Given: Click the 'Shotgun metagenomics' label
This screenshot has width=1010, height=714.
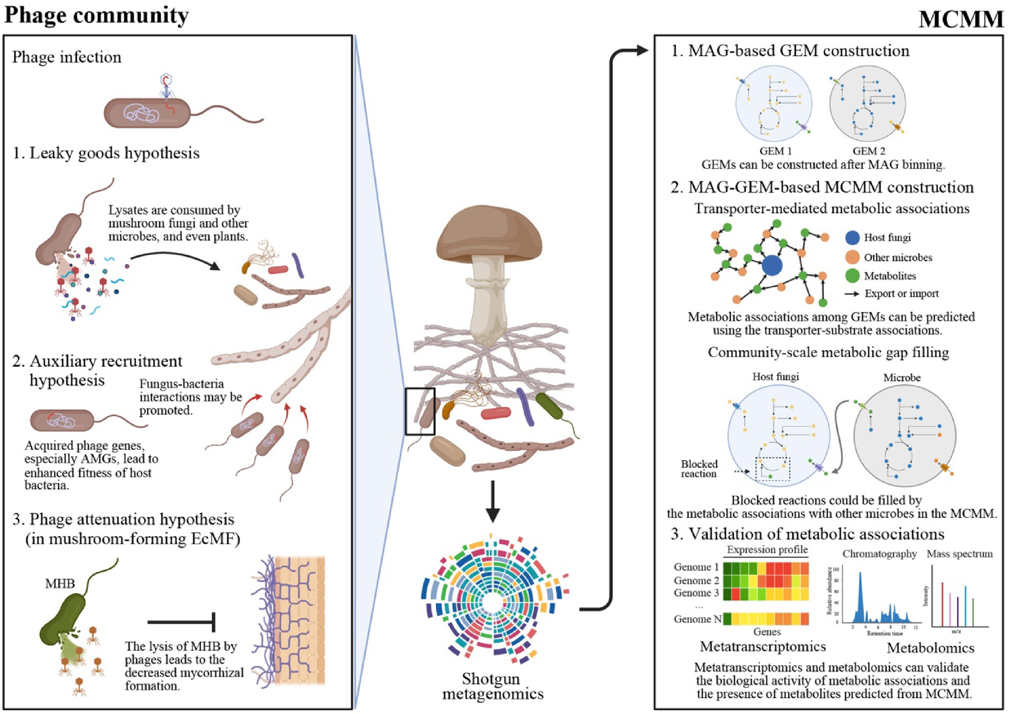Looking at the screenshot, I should pos(492,686).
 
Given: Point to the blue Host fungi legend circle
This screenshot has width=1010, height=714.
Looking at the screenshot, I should pos(852,238).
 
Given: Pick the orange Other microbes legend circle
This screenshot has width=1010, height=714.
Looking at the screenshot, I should pos(852,257).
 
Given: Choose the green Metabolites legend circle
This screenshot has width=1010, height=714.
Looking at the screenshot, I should pos(852,276).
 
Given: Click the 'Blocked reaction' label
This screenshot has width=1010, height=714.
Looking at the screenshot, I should pos(699,468).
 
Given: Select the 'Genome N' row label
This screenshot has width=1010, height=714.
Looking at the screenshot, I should pos(697,619).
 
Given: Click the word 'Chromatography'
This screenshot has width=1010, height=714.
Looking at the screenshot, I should pos(879,554).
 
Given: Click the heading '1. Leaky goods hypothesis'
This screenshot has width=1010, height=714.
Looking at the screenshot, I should pos(106,153).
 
